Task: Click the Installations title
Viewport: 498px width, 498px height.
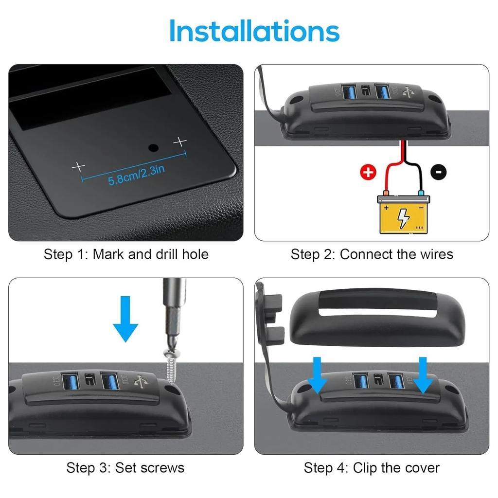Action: [x=254, y=31]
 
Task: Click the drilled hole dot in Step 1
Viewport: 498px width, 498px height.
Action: [x=153, y=147]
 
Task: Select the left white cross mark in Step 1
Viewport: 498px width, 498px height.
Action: [x=78, y=167]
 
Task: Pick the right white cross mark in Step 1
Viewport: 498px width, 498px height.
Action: [x=180, y=142]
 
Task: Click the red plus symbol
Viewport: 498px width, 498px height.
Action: [x=368, y=172]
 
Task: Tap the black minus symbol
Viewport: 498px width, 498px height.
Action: [x=439, y=171]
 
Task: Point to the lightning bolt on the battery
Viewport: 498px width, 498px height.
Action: [x=404, y=217]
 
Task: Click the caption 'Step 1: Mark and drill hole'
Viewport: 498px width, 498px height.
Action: [x=126, y=254]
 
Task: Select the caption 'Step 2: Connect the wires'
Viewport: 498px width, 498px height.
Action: [x=372, y=254]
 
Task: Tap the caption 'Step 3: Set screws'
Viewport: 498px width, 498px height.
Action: [x=125, y=468]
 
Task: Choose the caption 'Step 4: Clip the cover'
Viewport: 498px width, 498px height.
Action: [x=372, y=468]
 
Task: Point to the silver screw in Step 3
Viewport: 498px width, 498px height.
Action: [x=171, y=362]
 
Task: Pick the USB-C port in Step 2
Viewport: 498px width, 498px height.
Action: [x=365, y=90]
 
